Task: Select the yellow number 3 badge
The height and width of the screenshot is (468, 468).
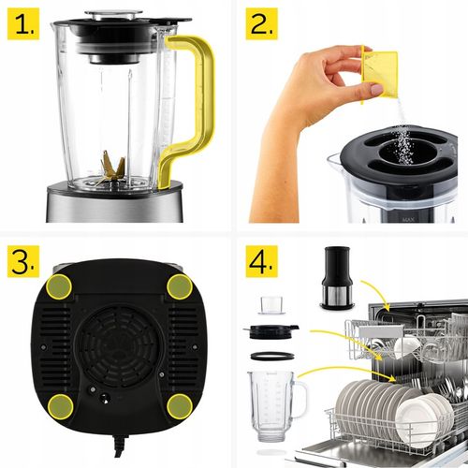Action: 22,262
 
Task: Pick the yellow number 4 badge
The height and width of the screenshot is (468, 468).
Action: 261,263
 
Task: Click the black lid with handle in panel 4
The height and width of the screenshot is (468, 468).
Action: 271,330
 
